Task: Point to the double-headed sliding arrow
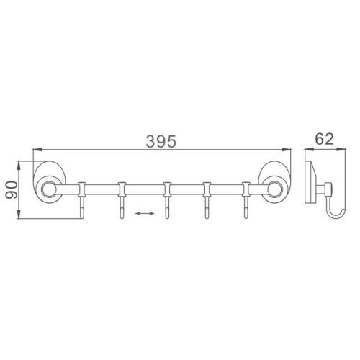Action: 145,213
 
